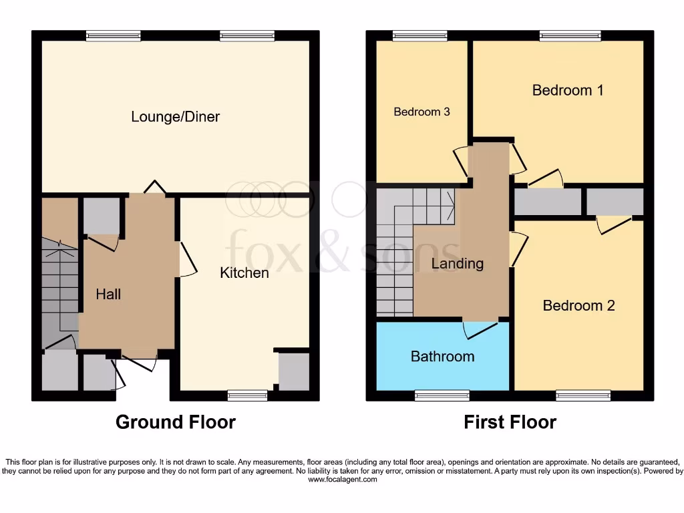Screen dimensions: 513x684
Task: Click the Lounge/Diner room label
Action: coord(175,117)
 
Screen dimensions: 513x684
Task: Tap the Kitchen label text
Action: coord(244,273)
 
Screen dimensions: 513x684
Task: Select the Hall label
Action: coord(108,293)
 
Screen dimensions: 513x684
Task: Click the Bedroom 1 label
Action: coord(568,90)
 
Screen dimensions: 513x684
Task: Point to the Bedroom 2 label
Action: coord(578,305)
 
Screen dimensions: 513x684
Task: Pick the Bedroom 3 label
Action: coord(421,112)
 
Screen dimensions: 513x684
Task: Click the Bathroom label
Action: coord(442,356)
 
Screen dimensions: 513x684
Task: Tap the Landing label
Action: coord(457,263)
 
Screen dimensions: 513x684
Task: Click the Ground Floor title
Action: coord(175,422)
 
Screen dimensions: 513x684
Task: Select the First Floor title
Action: coord(510,422)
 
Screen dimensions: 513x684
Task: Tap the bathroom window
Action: coord(442,395)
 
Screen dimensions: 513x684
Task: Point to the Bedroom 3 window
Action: coord(419,35)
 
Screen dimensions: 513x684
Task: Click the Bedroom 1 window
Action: coord(570,35)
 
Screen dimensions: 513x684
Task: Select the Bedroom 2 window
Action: coord(582,395)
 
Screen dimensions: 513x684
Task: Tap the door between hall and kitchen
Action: coord(187,259)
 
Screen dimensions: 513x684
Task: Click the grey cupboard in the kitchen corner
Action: coord(294,371)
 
